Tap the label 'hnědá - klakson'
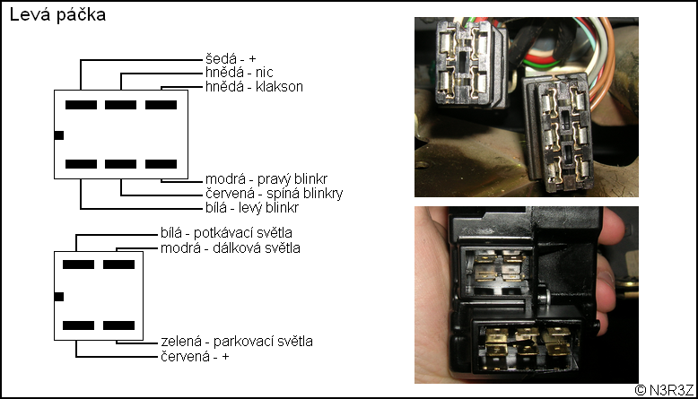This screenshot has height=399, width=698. (254, 87)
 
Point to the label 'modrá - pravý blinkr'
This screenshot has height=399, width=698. (266, 179)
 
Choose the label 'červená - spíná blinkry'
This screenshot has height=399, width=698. (274, 194)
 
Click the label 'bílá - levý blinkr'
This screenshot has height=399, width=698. (251, 208)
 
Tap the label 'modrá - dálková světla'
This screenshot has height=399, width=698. (231, 247)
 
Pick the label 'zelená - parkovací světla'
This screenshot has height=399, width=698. (236, 342)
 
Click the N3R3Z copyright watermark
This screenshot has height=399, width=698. (664, 390)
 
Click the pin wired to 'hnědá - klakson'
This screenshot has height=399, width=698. (161, 105)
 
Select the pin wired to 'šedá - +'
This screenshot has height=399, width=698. (81, 105)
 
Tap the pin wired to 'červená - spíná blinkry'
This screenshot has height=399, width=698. (120, 164)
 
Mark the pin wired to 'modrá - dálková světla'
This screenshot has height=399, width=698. (118, 265)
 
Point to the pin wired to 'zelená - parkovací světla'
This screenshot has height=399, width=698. (118, 324)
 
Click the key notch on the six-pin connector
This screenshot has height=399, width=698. (58, 134)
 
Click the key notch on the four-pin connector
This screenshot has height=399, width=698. (59, 296)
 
